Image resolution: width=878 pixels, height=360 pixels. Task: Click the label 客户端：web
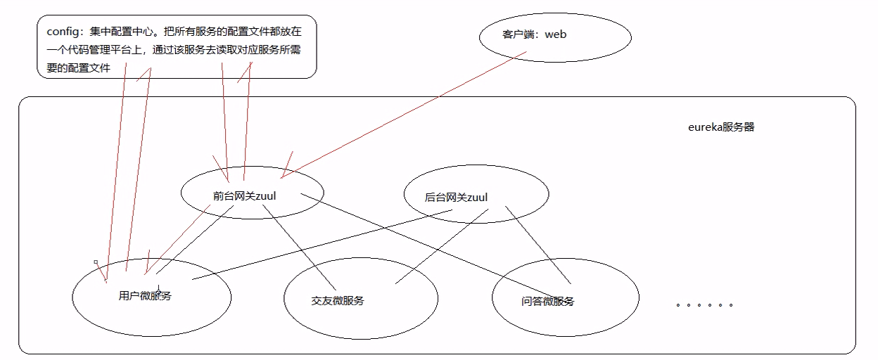pyautogui.click(x=534, y=34)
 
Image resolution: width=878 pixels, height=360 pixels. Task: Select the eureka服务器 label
pyautogui.click(x=720, y=127)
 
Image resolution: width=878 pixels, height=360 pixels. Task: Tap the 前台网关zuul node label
pyautogui.click(x=244, y=196)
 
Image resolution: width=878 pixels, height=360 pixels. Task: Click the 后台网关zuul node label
pyautogui.click(x=456, y=197)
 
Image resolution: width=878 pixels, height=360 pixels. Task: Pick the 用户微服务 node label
pyautogui.click(x=145, y=295)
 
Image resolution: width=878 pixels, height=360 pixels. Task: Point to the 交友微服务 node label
pyautogui.click(x=338, y=301)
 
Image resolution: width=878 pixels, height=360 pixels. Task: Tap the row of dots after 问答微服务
pyautogui.click(x=704, y=305)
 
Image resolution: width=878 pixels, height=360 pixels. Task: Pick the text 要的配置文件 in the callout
pyautogui.click(x=75, y=69)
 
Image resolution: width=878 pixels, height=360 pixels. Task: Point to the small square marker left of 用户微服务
pyautogui.click(x=96, y=262)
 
